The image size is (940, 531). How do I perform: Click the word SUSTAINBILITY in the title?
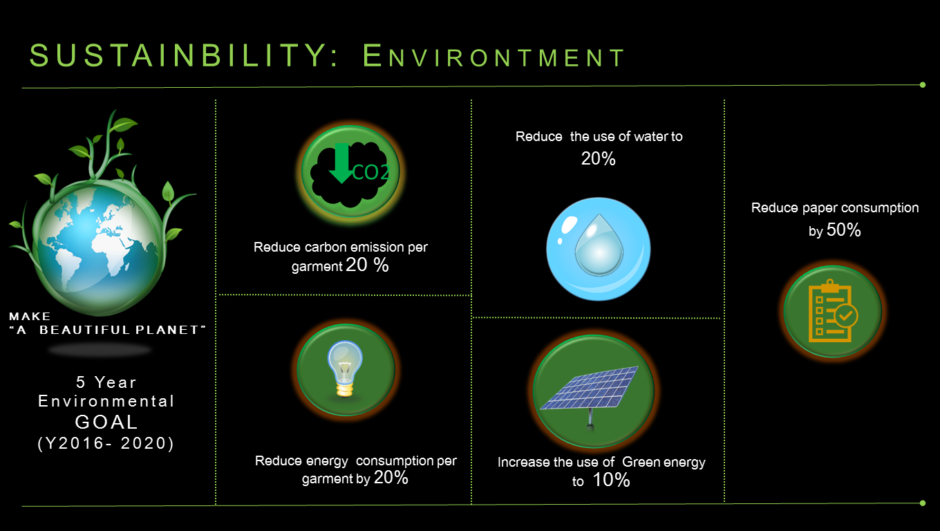pos(178,55)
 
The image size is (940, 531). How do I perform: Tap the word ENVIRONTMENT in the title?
pos(494,56)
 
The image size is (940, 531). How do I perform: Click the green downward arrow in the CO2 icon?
pos(342,163)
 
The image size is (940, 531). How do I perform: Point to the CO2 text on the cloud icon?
pos(371,172)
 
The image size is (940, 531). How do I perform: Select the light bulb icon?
pos(345,369)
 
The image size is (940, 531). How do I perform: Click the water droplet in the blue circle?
pos(599,245)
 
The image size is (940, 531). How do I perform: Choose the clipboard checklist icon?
pos(833,310)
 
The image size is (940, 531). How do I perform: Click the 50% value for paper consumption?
pos(843,230)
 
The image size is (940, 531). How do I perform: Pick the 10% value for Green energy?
pos(611,480)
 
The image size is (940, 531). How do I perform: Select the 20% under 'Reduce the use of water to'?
pos(598,158)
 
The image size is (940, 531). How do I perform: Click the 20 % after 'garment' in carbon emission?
pos(367,265)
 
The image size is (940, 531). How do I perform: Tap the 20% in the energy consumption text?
pos(391,478)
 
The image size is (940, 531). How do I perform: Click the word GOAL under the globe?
pos(106,422)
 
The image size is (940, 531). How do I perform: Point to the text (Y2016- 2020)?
pos(106,443)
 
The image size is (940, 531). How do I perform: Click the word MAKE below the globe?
pos(30,316)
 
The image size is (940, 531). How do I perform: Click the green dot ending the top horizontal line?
pos(922,85)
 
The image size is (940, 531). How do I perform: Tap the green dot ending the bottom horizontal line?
pos(922,503)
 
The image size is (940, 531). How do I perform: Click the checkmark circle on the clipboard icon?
pos(846,315)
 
